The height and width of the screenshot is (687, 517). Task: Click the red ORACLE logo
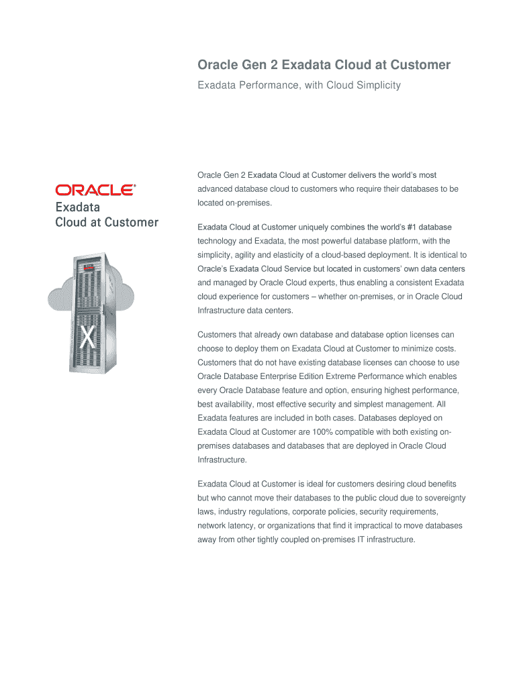(95, 190)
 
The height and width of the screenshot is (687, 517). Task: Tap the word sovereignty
(440, 497)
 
